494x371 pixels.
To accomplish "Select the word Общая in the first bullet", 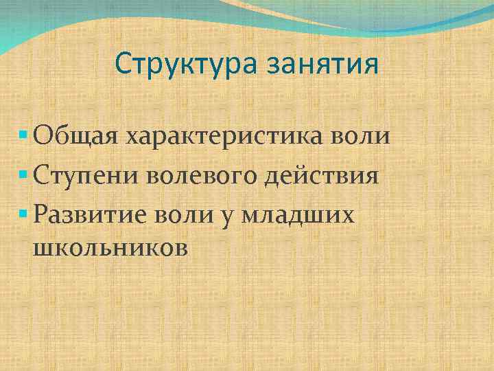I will [75, 135].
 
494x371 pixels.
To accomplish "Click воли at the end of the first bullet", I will [364, 135].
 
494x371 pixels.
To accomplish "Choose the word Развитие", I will [89, 216].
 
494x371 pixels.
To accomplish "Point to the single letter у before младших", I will [227, 217].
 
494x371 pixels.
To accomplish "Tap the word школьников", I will [109, 247].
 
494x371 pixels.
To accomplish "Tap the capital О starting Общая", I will [41, 135].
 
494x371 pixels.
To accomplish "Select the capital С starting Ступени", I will [40, 175].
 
